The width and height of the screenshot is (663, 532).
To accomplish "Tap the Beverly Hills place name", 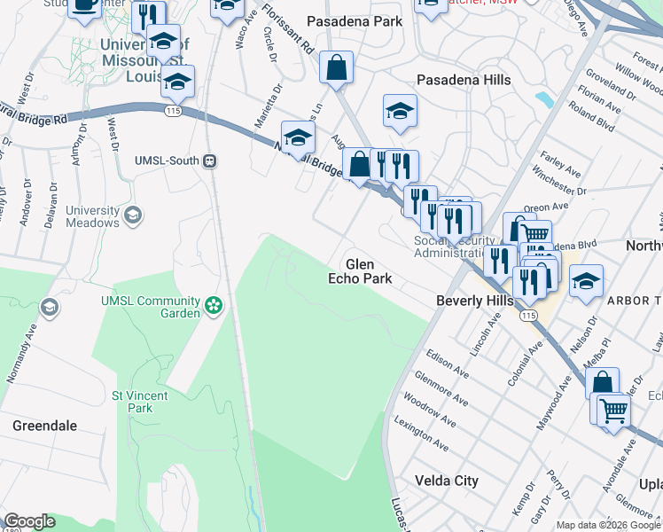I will pos(475,301).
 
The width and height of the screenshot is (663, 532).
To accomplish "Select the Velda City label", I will pos(447,481).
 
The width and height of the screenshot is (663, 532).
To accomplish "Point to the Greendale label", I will pos(44,426).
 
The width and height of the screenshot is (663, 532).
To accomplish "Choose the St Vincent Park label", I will pos(132,402).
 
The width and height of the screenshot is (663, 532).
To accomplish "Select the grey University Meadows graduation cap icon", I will pos(132,215).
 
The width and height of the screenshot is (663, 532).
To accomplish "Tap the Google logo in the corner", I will pos(29,521).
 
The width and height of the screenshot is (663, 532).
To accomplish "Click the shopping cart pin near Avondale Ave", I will pos(612,411).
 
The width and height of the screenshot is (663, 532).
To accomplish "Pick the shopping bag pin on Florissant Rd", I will pos(337,67).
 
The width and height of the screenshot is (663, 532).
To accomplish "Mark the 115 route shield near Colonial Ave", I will pos(529,316).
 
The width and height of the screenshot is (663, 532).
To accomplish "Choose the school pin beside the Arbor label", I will pos(586,282).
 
